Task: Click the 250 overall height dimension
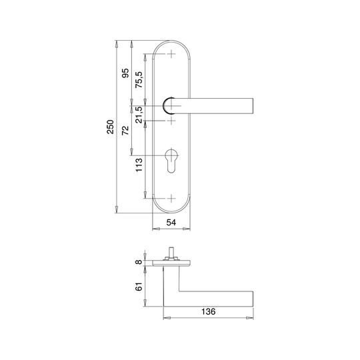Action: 111,127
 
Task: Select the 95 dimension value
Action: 125,73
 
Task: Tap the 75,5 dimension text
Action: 139,80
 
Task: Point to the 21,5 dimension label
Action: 139,115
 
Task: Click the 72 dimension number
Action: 125,131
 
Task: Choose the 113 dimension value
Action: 139,165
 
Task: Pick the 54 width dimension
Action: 171,222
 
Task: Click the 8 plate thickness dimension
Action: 139,262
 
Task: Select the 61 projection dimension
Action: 139,287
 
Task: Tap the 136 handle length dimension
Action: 209,311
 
